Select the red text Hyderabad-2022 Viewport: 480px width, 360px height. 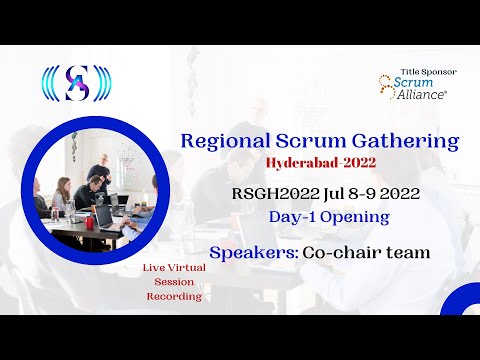click(322, 163)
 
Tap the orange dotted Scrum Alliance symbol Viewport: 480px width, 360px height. click(388, 88)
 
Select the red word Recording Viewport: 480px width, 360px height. click(172, 296)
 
